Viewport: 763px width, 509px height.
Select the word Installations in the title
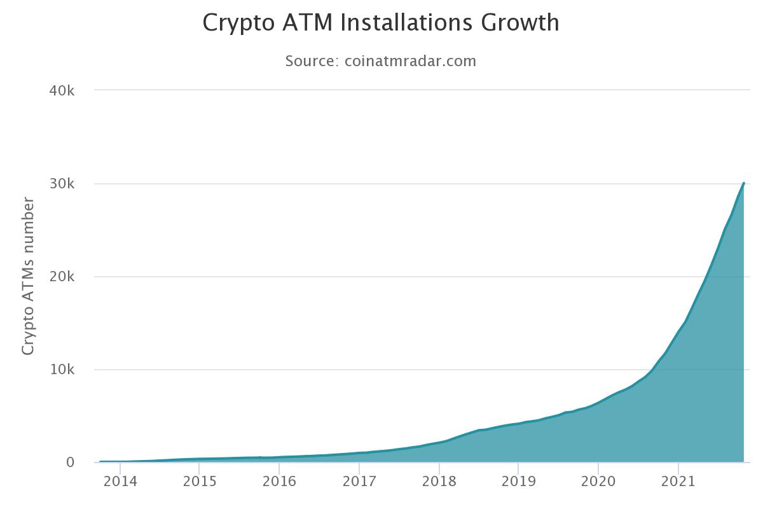pyautogui.click(x=407, y=23)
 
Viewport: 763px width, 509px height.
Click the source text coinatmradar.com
pyautogui.click(x=410, y=61)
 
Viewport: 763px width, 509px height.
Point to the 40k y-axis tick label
pyautogui.click(x=62, y=91)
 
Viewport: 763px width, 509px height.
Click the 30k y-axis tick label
pyautogui.click(x=62, y=184)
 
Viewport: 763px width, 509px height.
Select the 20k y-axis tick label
pyautogui.click(x=62, y=277)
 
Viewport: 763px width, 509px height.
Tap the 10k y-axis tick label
pyautogui.click(x=62, y=370)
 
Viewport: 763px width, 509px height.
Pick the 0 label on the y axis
pyautogui.click(x=70, y=463)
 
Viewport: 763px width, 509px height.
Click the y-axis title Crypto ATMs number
pyautogui.click(x=28, y=276)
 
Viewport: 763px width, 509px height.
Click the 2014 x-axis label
pyautogui.click(x=120, y=482)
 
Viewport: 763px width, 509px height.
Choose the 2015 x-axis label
pyautogui.click(x=199, y=482)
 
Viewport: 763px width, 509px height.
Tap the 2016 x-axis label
pyautogui.click(x=279, y=482)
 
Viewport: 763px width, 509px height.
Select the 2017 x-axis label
pyautogui.click(x=359, y=482)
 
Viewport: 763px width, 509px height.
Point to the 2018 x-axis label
pyautogui.click(x=439, y=482)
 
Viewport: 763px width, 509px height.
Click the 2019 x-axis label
pyautogui.click(x=518, y=482)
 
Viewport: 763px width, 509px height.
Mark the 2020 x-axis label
pyautogui.click(x=598, y=482)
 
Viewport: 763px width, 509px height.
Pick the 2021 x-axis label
pyautogui.click(x=678, y=482)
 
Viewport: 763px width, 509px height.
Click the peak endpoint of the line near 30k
pyautogui.click(x=743, y=183)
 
